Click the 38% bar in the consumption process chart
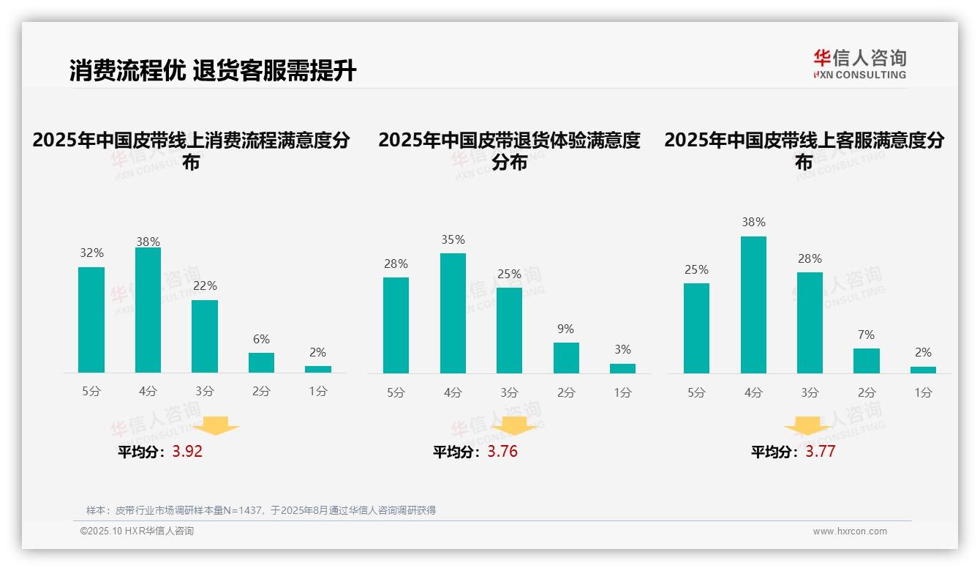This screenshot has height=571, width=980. [148, 310]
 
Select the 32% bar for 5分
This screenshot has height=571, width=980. [91, 320]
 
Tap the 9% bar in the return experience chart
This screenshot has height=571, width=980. [566, 358]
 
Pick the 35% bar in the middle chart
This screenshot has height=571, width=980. [453, 313]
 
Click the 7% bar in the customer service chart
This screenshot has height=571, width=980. [867, 361]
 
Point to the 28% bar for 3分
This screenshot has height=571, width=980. [810, 323]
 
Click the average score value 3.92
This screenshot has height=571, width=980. [187, 452]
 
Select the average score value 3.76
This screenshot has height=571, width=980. [502, 452]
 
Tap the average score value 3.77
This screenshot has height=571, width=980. [821, 452]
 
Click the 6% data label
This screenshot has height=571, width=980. [261, 339]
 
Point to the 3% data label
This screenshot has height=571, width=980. [622, 350]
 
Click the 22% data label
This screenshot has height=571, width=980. [205, 286]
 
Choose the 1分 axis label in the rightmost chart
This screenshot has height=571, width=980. [923, 393]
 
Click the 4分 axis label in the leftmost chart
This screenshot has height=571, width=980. [148, 392]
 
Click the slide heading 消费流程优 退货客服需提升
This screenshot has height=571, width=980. [213, 71]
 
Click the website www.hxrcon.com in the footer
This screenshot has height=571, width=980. [849, 531]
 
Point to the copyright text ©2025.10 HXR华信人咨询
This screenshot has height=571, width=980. [137, 531]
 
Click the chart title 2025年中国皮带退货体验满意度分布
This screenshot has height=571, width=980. [509, 151]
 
